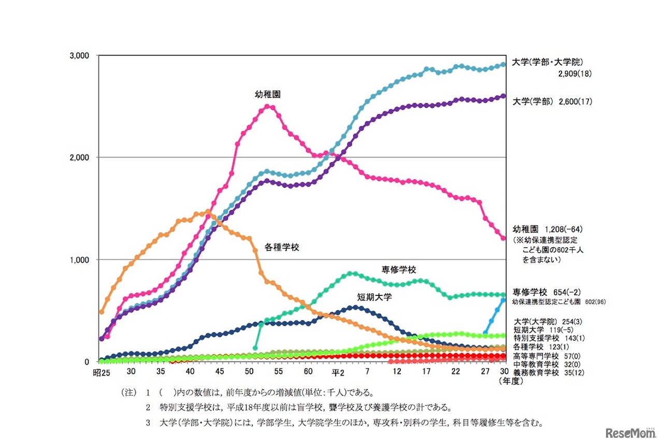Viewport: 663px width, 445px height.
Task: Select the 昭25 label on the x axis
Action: point(102,372)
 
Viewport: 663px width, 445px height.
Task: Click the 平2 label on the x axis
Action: point(338,372)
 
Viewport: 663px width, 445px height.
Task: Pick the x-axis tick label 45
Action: point(220,372)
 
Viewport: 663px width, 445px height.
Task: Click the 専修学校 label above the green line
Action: point(399,269)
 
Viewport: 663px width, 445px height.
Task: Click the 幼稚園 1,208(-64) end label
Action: point(548,228)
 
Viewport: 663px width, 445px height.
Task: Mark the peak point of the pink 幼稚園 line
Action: point(267,106)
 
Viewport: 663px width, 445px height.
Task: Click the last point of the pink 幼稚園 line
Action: point(503,238)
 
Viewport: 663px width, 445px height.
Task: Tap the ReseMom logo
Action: point(630,432)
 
